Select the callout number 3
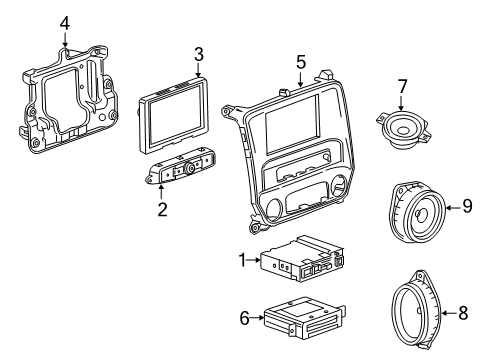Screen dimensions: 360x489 198,53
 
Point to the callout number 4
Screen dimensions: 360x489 64,22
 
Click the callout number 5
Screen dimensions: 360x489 300,62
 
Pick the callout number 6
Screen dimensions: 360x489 244,317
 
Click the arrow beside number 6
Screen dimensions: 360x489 256,317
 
